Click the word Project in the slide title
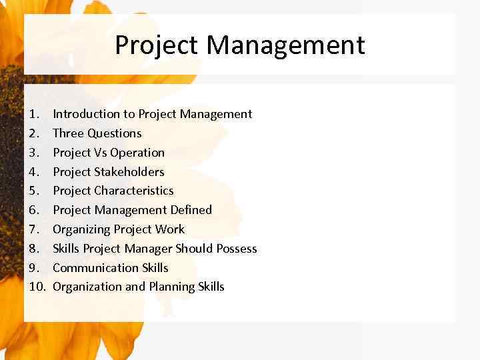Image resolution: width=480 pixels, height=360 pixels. tap(157, 45)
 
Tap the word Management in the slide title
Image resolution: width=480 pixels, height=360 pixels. tap(285, 45)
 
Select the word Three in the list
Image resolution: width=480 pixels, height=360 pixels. tap(68, 133)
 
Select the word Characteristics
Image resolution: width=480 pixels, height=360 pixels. tap(134, 191)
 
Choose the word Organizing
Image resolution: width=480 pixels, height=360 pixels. tap(81, 229)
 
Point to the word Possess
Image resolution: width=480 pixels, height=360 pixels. tap(237, 249)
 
